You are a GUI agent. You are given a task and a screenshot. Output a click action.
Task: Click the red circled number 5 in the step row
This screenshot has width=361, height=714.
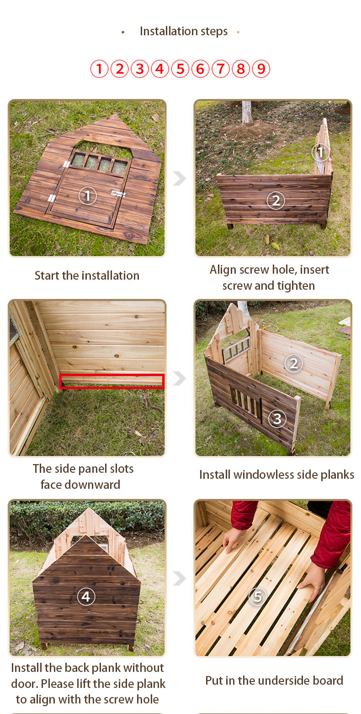[180, 69]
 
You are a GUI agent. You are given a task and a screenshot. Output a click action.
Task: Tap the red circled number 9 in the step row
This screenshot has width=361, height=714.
[261, 69]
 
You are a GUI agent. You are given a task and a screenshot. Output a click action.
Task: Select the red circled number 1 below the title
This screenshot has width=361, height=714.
[99, 69]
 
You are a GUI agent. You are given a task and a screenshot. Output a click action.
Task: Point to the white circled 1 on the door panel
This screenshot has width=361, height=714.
[88, 195]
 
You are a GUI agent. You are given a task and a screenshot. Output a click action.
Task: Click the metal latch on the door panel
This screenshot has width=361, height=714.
[118, 193]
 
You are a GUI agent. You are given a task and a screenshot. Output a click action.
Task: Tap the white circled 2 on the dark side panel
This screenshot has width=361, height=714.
[276, 200]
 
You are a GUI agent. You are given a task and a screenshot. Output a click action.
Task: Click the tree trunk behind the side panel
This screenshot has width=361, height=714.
[247, 112]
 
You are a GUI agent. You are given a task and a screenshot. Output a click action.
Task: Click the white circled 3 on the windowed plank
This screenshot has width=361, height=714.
[277, 418]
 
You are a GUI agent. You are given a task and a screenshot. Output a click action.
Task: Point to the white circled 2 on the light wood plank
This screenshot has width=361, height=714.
[293, 363]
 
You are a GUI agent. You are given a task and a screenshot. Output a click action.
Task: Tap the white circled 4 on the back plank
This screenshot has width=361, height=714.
[86, 596]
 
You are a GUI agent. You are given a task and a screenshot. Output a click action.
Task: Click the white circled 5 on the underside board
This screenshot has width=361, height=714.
[258, 596]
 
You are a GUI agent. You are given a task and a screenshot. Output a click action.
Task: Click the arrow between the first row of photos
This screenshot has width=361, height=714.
[180, 178]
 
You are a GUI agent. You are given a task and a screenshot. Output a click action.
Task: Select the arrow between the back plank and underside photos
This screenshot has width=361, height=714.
[180, 578]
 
